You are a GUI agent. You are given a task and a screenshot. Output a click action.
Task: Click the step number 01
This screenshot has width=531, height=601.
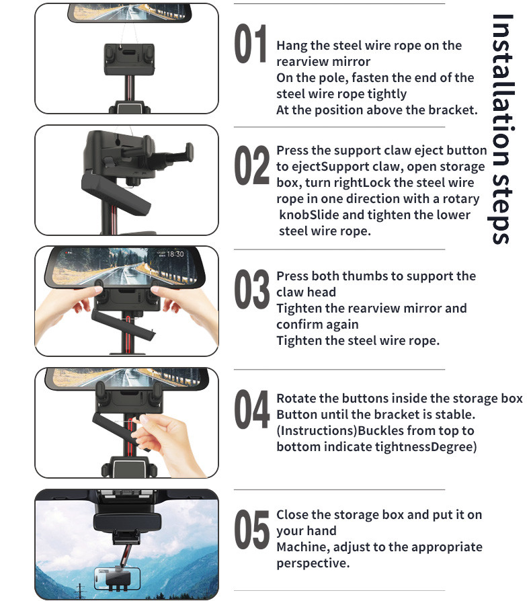pos(251,43)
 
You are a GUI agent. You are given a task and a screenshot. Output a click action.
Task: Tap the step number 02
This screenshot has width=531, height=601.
pos(251,165)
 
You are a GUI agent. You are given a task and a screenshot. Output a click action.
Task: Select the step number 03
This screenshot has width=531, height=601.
pos(251,289)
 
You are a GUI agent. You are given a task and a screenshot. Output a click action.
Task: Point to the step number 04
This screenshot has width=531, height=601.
pos(251,409)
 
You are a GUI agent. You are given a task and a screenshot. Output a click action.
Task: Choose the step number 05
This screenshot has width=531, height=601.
pos(251,530)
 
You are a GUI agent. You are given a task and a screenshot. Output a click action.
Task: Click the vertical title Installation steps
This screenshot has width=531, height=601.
pos(502,129)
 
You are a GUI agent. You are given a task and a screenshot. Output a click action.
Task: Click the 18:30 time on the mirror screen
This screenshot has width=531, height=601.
pos(175,254)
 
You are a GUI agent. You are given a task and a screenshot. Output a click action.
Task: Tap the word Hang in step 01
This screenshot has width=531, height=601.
pos(292,46)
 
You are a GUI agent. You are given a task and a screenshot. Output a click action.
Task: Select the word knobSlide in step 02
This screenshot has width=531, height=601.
pos(309,214)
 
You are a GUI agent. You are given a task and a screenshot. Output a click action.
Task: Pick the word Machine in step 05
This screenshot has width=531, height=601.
pos(303,547)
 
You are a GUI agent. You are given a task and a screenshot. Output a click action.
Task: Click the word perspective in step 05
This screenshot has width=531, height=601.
pos(313,563)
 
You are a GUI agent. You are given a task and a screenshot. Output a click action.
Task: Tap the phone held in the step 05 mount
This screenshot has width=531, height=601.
pos(117,578)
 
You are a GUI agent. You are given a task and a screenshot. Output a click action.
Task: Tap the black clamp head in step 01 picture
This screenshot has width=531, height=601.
pos(130,59)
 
